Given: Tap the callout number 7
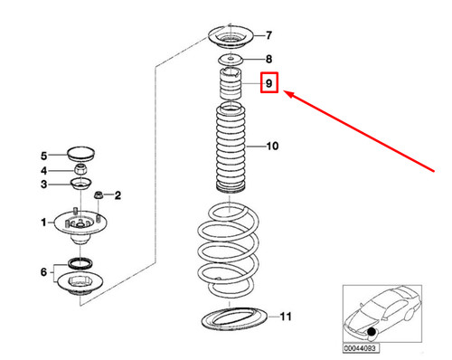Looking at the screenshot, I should click(268, 36).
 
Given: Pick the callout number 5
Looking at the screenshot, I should click(43, 155).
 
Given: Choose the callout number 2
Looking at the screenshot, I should click(118, 194).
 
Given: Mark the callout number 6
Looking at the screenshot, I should click(43, 272).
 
